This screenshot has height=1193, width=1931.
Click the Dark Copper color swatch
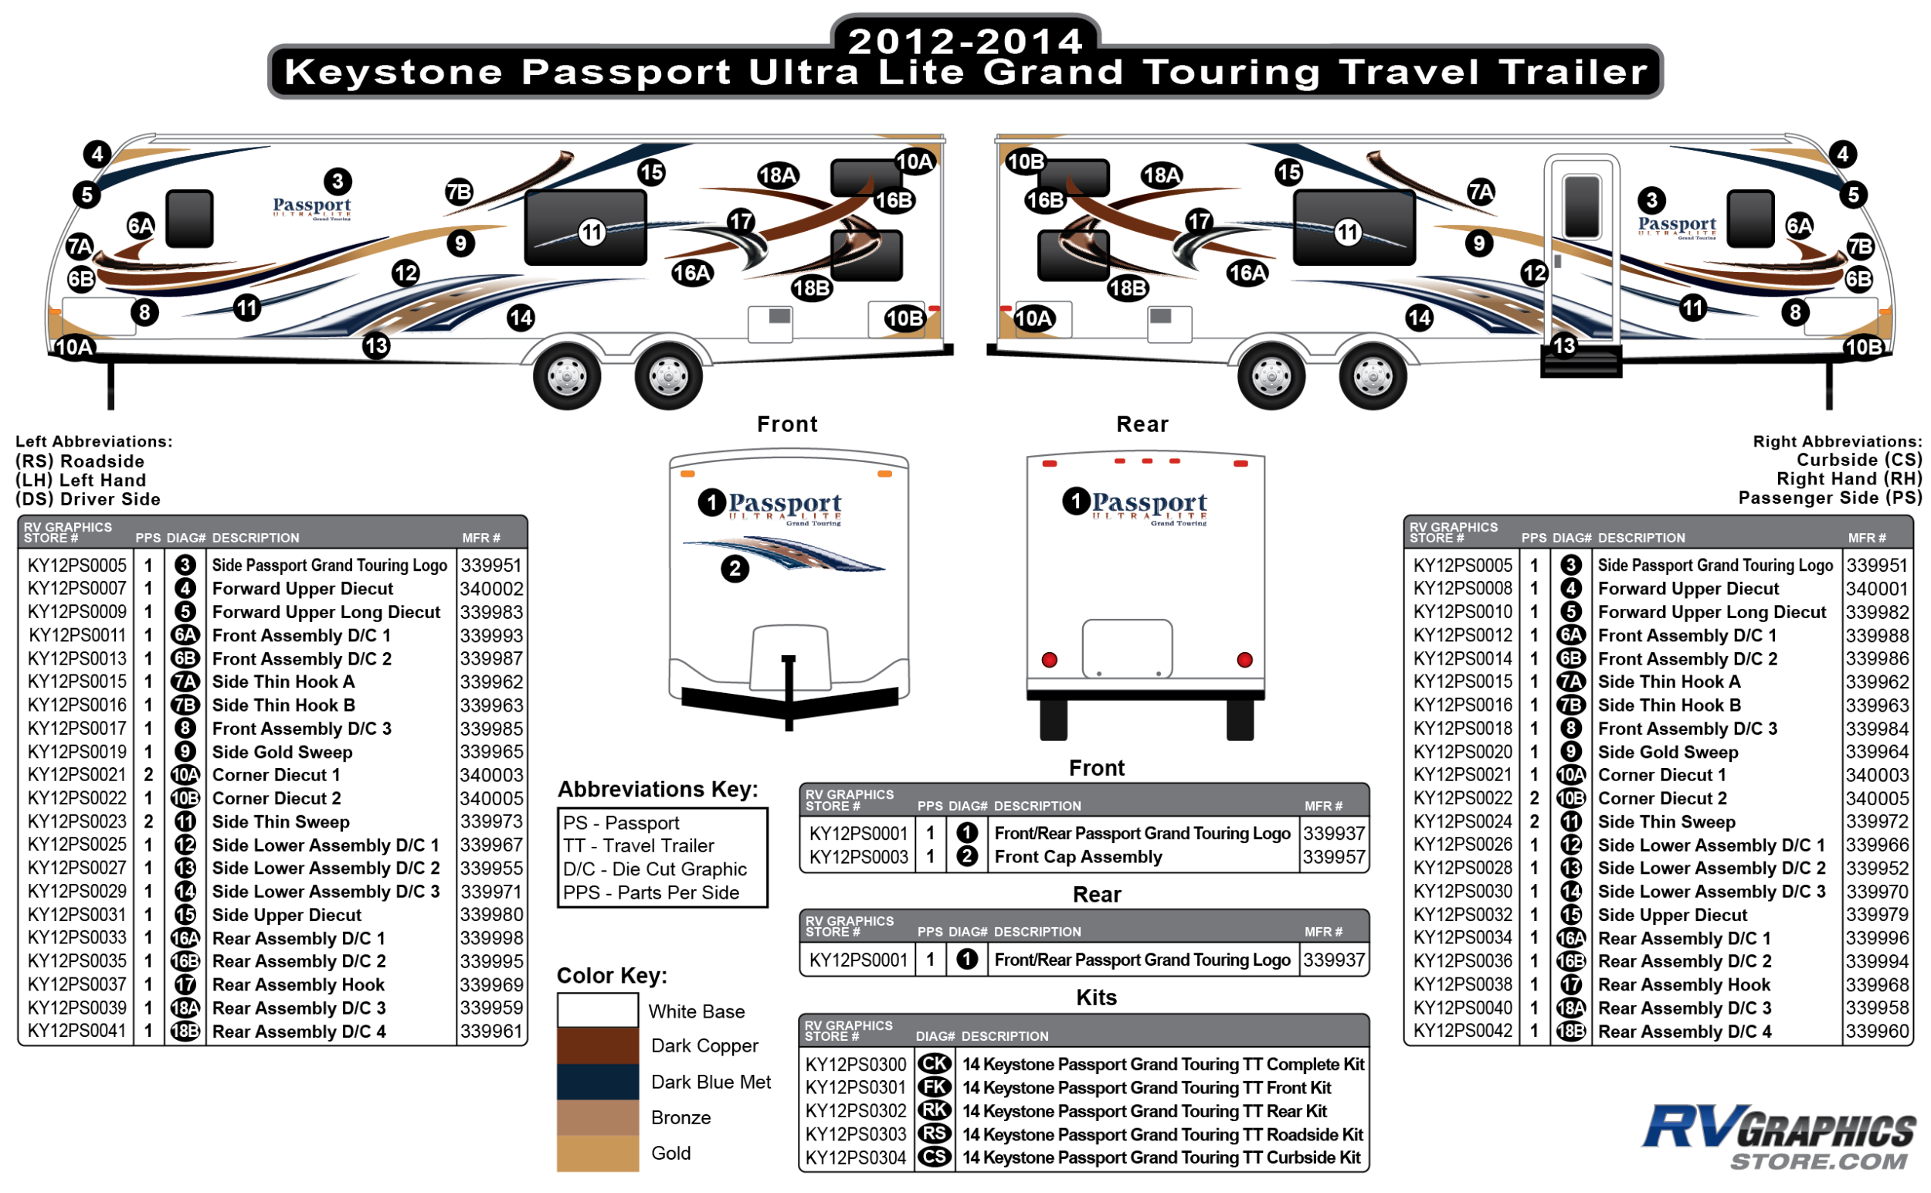click(x=597, y=1045)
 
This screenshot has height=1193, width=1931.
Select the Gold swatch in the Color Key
click(x=597, y=1153)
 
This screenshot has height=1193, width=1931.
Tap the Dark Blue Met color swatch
click(x=597, y=1082)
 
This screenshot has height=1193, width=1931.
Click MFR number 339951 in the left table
click(x=490, y=566)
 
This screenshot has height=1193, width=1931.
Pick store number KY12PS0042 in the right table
click(x=1461, y=1032)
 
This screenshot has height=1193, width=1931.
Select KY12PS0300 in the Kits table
click(x=855, y=1065)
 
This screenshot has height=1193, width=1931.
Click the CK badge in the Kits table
click(x=934, y=1065)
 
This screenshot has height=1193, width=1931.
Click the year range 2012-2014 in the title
click(x=965, y=41)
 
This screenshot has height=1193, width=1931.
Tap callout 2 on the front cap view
click(x=735, y=569)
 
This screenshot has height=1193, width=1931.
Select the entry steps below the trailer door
click(x=1581, y=363)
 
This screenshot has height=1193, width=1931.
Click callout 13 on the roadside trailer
click(x=376, y=345)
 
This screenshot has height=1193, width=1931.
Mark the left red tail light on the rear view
click(x=1049, y=660)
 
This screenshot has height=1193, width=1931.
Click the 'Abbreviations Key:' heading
click(x=657, y=789)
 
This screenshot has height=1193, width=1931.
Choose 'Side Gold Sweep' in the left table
click(x=282, y=752)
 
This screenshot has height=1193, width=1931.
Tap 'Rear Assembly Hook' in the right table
click(x=1683, y=984)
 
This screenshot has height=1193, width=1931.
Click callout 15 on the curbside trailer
click(x=1288, y=172)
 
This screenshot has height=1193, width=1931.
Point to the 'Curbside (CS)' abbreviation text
click(x=1858, y=460)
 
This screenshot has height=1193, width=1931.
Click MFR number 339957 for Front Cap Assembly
click(x=1333, y=857)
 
